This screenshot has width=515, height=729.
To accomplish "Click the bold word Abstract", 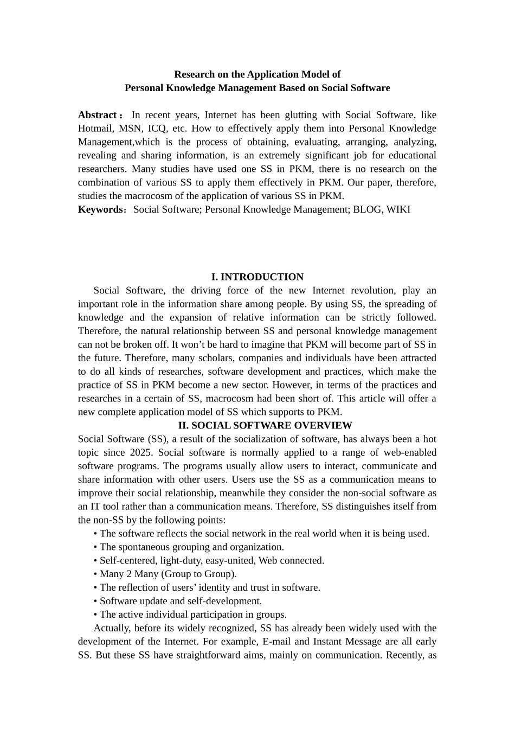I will (x=98, y=115).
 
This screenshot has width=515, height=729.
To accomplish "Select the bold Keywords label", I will (x=100, y=209).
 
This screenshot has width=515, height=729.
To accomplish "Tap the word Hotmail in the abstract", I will (x=95, y=129).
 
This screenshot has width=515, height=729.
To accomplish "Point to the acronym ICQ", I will (x=157, y=129).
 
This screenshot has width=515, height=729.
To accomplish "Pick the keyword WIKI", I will (x=398, y=209).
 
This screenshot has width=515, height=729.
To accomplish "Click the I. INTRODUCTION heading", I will (x=257, y=277).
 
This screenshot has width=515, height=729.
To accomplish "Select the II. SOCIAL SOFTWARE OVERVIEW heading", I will (x=265, y=426).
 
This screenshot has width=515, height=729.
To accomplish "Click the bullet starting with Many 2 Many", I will (x=168, y=574).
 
